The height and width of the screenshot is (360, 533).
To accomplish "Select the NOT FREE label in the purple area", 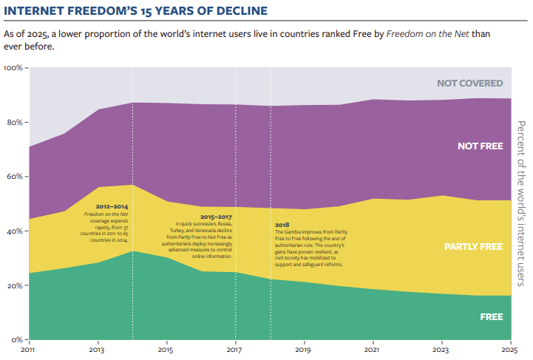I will click(x=480, y=146).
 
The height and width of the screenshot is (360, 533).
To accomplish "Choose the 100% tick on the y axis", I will click(x=14, y=68).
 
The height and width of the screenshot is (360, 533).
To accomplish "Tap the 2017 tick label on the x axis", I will click(x=235, y=350).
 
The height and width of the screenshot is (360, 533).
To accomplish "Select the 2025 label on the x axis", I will click(x=510, y=350).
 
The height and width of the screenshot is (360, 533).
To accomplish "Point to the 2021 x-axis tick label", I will click(x=373, y=350).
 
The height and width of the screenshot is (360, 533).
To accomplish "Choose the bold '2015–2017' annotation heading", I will click(x=214, y=217).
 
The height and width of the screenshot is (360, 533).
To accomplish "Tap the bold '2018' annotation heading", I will click(x=282, y=225).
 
